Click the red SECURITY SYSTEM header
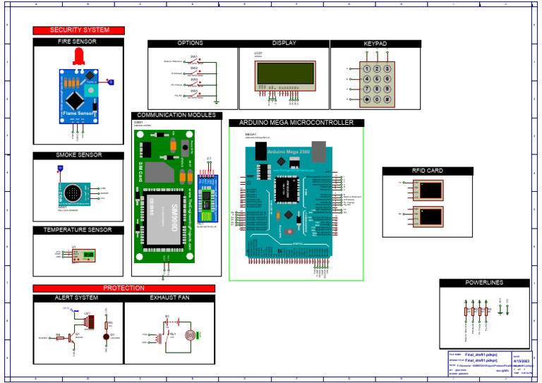[78, 30]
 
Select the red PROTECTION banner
[124, 288]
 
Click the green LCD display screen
[286, 73]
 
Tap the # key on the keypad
[387, 99]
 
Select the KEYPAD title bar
[375, 44]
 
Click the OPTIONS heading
[190, 44]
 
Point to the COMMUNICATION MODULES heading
[176, 115]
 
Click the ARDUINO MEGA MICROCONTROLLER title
[296, 123]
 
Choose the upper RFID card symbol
[430, 190]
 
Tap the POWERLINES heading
[484, 283]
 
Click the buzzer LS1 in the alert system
[90, 322]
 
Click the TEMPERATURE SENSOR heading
[78, 230]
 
